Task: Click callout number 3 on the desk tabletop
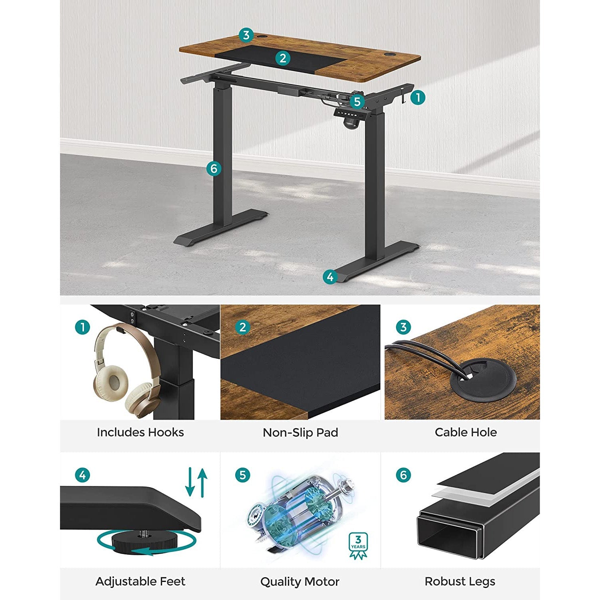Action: pos(246,35)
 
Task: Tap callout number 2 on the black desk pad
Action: pos(283,58)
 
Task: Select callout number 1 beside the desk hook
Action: pos(418,97)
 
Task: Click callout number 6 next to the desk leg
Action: pos(214,168)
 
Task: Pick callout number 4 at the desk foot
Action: pos(330,277)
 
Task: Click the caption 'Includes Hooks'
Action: pos(140,432)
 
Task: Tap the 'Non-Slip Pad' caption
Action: pos(300,432)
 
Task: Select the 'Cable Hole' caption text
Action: pos(466,432)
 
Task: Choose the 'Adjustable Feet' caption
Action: pos(140,581)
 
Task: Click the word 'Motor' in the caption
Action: pos(322,582)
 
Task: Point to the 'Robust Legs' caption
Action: pos(460,581)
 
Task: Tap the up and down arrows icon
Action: pos(196,482)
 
